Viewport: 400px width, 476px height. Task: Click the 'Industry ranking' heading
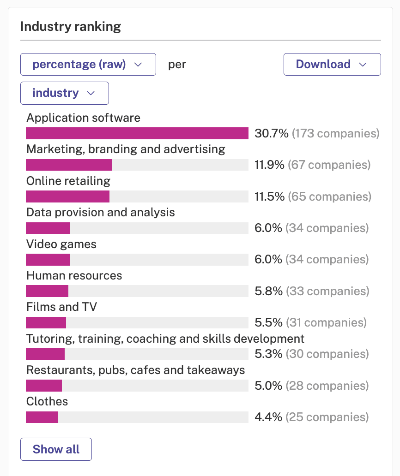point(71,27)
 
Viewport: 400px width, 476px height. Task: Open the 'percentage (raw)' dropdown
point(88,65)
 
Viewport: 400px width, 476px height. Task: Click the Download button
point(332,65)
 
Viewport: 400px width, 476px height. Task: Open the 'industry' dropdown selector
point(65,93)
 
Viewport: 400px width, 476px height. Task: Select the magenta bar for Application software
point(137,133)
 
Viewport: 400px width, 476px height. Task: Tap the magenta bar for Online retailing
point(67,196)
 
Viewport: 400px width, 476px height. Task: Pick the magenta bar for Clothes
point(42,417)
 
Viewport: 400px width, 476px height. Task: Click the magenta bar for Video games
point(48,260)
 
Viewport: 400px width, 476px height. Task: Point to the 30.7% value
point(272,133)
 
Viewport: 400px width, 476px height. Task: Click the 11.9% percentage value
point(269,165)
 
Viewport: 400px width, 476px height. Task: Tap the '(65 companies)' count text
point(330,196)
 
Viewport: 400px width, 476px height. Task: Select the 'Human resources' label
point(74,276)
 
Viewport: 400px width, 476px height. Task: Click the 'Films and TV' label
point(62,307)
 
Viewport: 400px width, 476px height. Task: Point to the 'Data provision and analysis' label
point(101,213)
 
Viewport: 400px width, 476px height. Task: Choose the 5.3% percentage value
point(268,354)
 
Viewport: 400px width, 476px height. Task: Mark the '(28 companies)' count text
point(327,386)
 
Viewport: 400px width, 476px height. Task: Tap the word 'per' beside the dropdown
point(177,65)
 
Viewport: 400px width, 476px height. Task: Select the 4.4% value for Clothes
point(268,417)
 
